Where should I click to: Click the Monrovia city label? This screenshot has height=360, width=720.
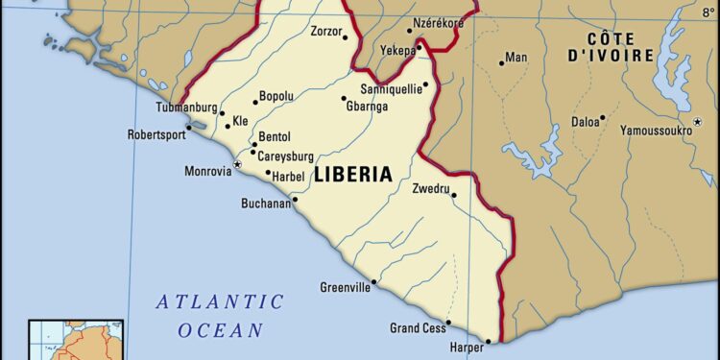pyautogui.click(x=207, y=171)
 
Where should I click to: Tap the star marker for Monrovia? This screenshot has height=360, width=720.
pyautogui.click(x=237, y=165)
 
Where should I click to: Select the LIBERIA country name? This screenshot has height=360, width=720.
pyautogui.click(x=353, y=175)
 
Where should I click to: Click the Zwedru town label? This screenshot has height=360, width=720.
pyautogui.click(x=430, y=188)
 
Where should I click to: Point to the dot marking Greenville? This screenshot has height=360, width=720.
pyautogui.click(x=373, y=282)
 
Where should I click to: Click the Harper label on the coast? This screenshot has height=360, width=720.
pyautogui.click(x=467, y=348)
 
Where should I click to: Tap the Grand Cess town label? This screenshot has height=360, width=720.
pyautogui.click(x=418, y=328)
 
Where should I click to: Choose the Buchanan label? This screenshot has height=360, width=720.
pyautogui.click(x=265, y=204)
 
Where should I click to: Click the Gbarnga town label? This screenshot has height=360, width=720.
pyautogui.click(x=367, y=107)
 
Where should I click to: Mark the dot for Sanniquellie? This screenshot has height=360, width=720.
pyautogui.click(x=425, y=84)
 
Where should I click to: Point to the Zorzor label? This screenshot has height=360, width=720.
pyautogui.click(x=326, y=32)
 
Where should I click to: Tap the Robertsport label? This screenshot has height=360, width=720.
pyautogui.click(x=156, y=135)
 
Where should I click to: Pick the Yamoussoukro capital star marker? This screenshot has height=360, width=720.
pyautogui.click(x=697, y=120)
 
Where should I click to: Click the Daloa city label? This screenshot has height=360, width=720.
pyautogui.click(x=585, y=122)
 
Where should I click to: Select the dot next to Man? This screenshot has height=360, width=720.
pyautogui.click(x=501, y=63)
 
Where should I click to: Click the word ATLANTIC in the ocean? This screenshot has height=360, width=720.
pyautogui.click(x=221, y=301)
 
